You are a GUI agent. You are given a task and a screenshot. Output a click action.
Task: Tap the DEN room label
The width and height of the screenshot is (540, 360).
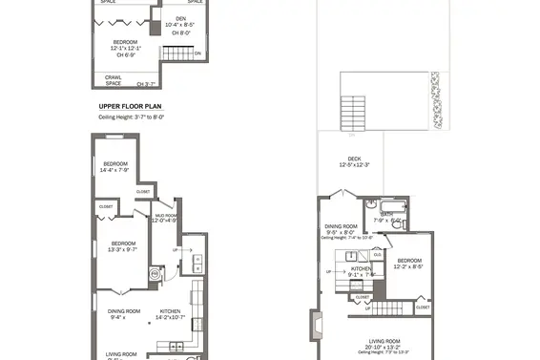[x=179, y=19]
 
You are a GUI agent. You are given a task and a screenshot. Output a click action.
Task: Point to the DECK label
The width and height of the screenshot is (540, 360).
[x=354, y=159]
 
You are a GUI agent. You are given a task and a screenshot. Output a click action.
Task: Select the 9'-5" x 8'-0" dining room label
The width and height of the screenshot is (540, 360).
[x=343, y=230]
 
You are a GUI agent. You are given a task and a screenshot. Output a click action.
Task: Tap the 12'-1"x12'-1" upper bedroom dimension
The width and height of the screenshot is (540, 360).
[x=131, y=50]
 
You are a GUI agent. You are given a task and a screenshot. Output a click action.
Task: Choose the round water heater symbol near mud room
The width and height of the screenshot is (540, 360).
[x=156, y=270]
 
